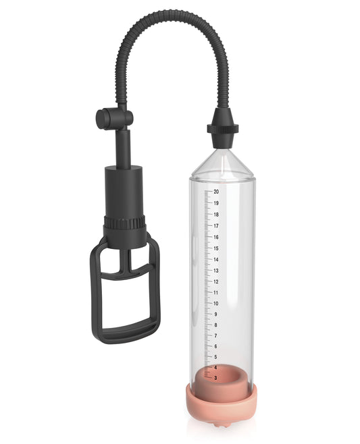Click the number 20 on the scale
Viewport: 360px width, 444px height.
click(x=216, y=192)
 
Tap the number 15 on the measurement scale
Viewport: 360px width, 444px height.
click(x=216, y=248)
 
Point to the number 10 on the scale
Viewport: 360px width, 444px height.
click(x=216, y=303)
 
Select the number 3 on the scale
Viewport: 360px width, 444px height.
click(x=215, y=379)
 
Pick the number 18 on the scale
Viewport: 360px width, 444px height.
click(x=216, y=215)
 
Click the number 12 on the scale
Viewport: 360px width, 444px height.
click(x=216, y=281)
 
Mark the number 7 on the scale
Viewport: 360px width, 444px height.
click(x=215, y=335)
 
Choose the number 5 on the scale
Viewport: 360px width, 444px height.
click(x=215, y=357)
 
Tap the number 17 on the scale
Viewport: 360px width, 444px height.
click(x=216, y=226)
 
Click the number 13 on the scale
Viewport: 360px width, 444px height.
click(x=216, y=271)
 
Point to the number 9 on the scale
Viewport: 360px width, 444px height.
click(x=215, y=314)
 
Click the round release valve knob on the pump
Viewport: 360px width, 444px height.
click(x=103, y=119)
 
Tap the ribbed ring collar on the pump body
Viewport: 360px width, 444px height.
click(x=125, y=223)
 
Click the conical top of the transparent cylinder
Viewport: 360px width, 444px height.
click(x=222, y=162)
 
